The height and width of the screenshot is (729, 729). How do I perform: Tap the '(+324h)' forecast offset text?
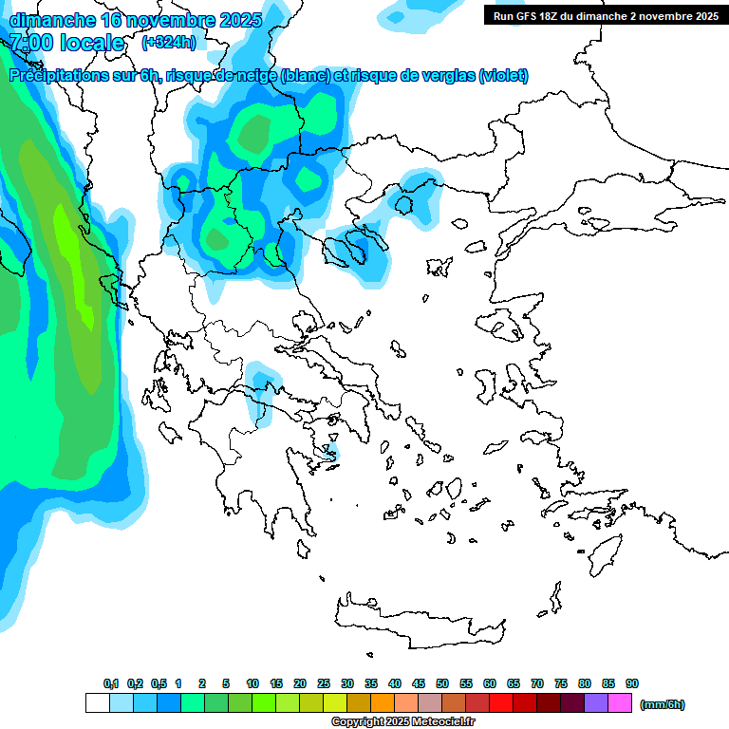pos(168,43)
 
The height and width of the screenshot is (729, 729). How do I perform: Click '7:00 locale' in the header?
pos(66,43)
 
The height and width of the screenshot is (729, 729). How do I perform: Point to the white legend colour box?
pos(97,703)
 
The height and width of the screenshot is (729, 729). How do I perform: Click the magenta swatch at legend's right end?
pos(619,703)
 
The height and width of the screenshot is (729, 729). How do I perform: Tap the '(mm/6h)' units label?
pos(663,704)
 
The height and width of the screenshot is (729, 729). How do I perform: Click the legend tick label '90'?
pos(632,683)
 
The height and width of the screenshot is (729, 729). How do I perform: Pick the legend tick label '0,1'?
pos(111,683)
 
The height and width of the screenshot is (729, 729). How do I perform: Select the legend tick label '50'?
pos(442,683)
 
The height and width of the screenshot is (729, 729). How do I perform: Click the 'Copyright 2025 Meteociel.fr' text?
pos(402,721)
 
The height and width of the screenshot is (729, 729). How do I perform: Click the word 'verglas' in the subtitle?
pos(441,76)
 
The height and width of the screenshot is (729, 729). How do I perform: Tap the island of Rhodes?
pos(604,553)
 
